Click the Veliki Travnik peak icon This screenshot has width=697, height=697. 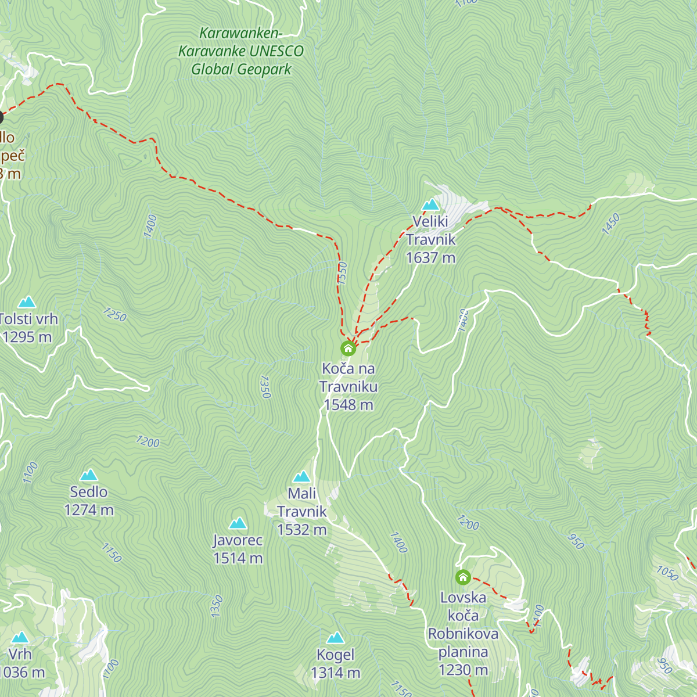point(430,204)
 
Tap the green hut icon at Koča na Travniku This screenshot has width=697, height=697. point(348,348)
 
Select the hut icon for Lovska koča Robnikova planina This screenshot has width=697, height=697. point(463,577)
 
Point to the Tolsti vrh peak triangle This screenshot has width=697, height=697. point(27,302)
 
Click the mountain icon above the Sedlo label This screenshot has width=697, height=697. point(89,475)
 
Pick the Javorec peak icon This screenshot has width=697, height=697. point(238,523)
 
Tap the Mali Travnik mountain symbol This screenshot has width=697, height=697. point(301,477)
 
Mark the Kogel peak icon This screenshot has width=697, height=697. point(335,638)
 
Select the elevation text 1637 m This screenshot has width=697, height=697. point(430,258)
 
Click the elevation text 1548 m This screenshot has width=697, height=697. point(348,405)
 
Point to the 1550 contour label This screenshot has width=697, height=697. point(342,273)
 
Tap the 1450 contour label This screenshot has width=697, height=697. point(611,224)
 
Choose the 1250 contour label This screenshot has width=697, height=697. point(115,314)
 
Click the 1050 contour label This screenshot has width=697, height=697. point(667,573)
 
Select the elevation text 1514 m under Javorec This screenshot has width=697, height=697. point(238,558)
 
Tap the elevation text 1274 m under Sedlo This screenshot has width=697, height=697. point(89,510)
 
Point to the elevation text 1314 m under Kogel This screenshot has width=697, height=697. point(335,673)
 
